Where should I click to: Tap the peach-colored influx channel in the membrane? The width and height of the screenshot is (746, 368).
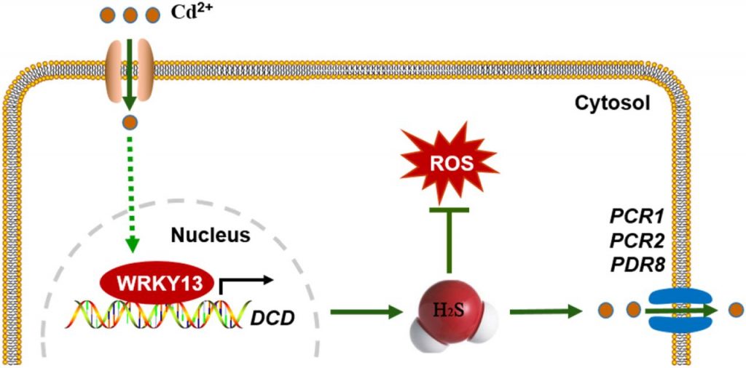[x=130, y=70]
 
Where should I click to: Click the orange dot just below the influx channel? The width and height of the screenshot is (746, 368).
[x=129, y=123]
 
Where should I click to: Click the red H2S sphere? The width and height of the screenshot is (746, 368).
[x=444, y=311]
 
